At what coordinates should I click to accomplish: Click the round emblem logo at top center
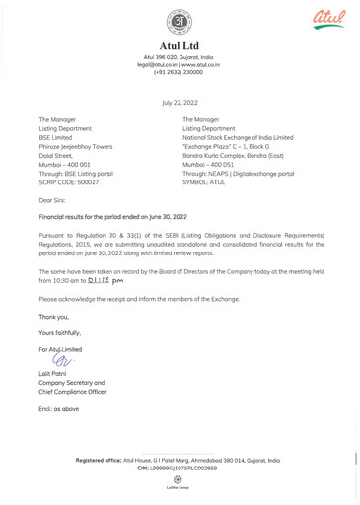coord(180,23)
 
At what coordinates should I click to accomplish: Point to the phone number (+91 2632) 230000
coord(180,72)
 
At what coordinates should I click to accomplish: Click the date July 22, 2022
coord(180,102)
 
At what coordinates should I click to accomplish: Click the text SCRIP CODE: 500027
coord(75,183)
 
